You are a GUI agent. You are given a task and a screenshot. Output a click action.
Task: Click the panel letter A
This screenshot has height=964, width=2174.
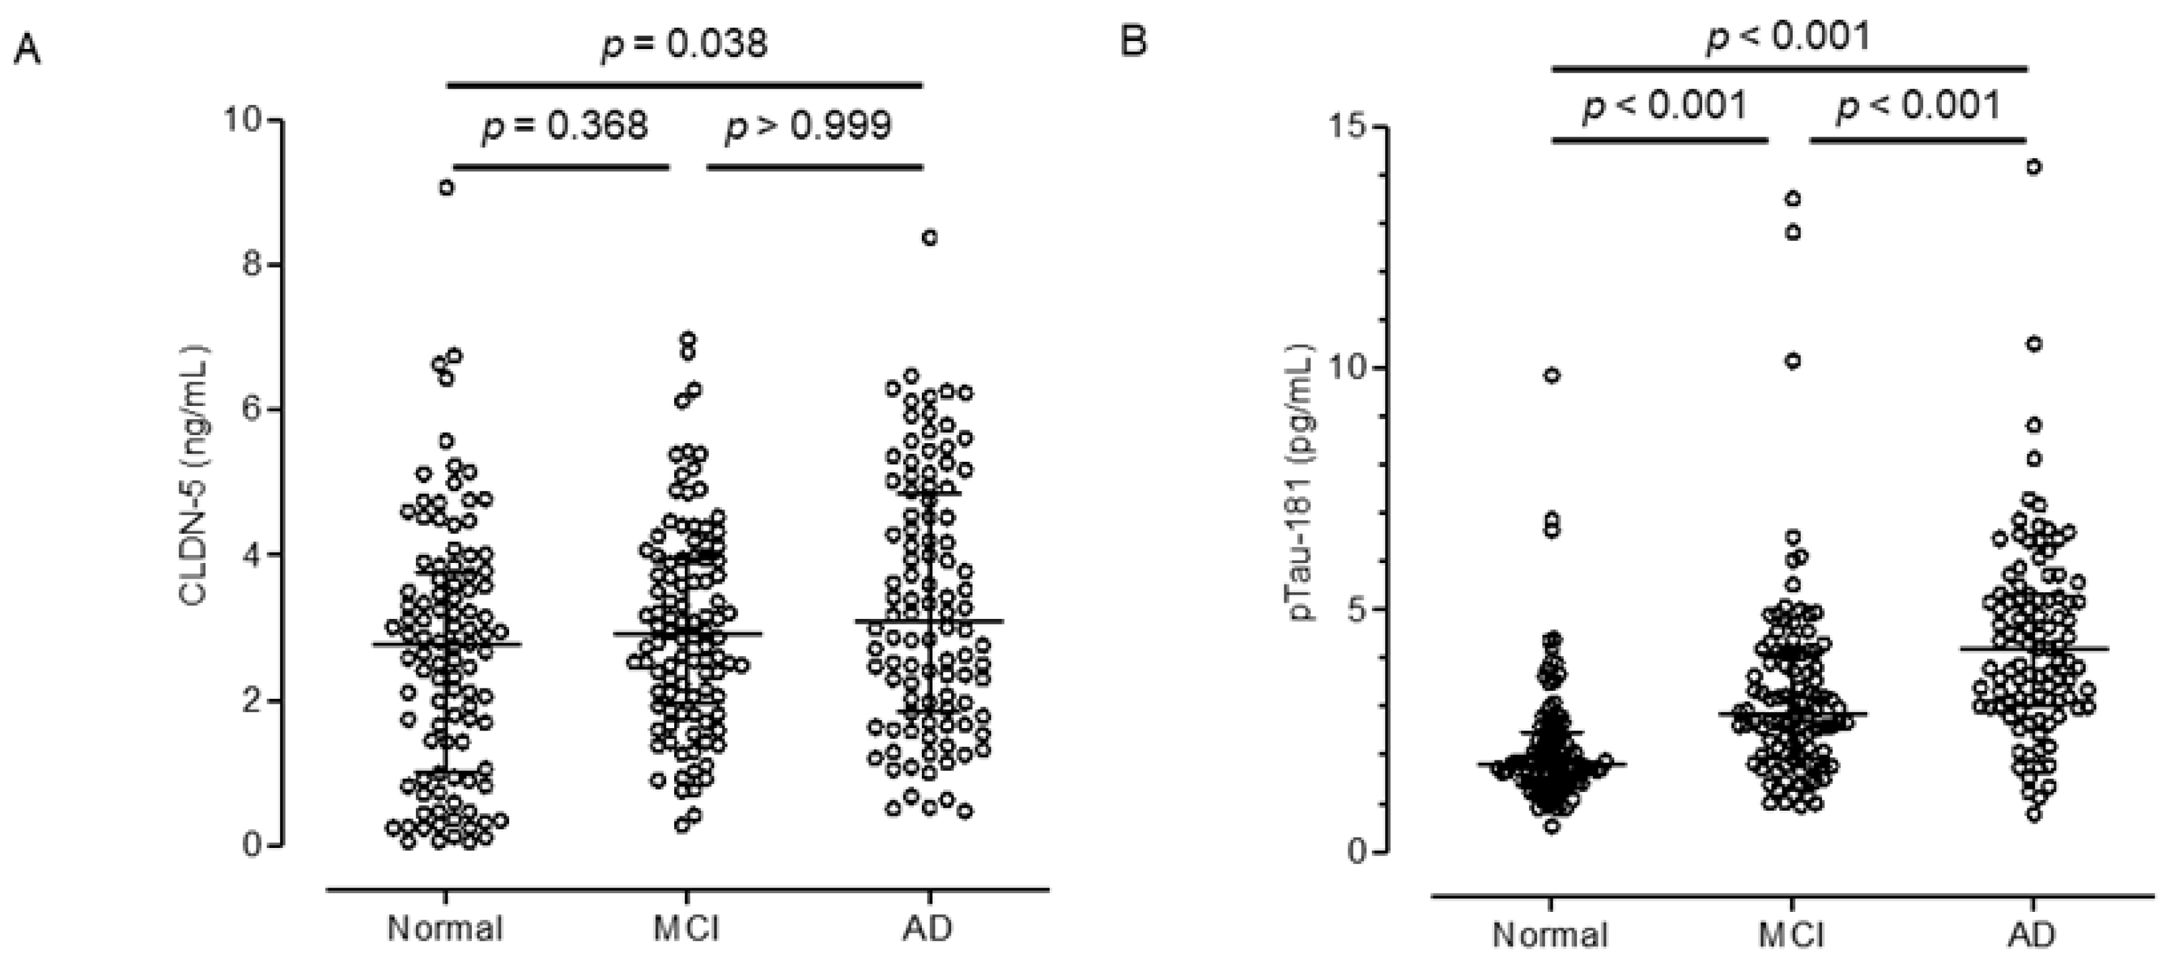[x=28, y=52]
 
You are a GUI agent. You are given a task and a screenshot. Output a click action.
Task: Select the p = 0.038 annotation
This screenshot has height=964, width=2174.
[x=683, y=43]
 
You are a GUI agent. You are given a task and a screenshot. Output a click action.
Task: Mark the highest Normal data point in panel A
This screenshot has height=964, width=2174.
[x=446, y=187]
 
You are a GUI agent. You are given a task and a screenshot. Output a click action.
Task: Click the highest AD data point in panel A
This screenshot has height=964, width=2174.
[x=929, y=238]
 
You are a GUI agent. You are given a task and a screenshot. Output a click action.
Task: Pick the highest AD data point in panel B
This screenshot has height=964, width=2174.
[x=2034, y=167]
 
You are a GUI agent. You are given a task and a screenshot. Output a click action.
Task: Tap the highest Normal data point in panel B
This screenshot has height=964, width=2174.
[x=1552, y=376]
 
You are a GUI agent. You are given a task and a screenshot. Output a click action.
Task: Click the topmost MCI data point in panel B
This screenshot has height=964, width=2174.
[x=1793, y=199]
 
